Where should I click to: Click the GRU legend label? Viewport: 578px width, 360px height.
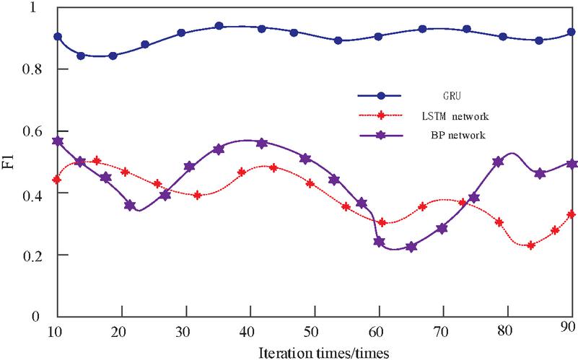[x=447, y=95]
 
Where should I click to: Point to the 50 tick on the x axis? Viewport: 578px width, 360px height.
[x=311, y=330]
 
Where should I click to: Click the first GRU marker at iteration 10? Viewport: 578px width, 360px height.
[x=58, y=36]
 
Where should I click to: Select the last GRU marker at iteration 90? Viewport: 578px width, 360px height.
[x=571, y=32]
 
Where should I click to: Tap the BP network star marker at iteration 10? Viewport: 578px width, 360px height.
[x=58, y=141]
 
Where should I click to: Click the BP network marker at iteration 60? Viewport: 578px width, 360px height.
[x=379, y=242]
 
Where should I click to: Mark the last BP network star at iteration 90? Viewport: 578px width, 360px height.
[x=571, y=164]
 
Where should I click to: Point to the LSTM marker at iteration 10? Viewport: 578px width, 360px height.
[x=58, y=180]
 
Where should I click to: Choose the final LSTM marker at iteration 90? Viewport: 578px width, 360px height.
[x=571, y=214]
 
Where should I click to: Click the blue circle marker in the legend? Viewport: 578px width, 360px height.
[x=384, y=95]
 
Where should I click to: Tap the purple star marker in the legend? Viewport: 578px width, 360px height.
[x=384, y=134]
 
